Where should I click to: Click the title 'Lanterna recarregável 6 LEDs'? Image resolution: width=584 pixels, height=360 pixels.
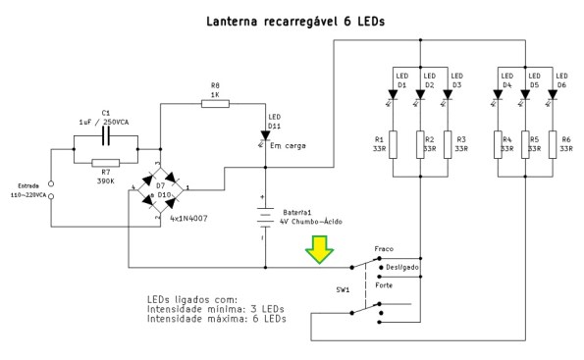292,20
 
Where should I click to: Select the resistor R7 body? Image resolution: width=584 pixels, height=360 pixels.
105,164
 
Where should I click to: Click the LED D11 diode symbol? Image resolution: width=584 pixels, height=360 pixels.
266,134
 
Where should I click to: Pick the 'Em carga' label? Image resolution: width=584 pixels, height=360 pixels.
288,145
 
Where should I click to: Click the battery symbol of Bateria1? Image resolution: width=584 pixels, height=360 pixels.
266,219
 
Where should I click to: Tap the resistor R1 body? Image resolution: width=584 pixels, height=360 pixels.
393,143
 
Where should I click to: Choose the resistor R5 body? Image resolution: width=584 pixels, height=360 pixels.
525,143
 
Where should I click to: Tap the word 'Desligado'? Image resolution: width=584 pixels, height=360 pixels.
402,267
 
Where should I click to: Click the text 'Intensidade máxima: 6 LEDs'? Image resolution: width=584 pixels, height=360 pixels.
216,319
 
